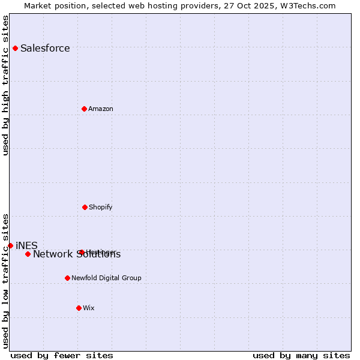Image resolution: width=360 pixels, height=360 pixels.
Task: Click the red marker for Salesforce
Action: [x=15, y=48]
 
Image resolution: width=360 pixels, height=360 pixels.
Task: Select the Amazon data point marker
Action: [x=84, y=109]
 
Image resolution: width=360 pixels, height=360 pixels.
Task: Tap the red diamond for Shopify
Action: [x=85, y=207]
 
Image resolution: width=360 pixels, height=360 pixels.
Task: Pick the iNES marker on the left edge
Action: [x=10, y=245]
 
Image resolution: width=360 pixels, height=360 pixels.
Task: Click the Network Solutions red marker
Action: [x=28, y=254]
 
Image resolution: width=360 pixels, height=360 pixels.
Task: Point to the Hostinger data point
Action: [x=82, y=252]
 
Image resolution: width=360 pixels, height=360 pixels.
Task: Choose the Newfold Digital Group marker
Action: [x=67, y=278]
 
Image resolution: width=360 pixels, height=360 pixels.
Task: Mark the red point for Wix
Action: [x=79, y=308]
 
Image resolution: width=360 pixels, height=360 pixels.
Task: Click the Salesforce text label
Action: [x=45, y=49]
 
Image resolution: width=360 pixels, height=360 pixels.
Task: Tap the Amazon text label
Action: [x=101, y=109]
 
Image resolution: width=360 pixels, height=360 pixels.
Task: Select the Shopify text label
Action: [x=101, y=208]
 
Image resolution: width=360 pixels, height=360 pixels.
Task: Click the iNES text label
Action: [x=26, y=245]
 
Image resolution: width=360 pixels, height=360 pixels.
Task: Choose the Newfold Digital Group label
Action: [x=106, y=278]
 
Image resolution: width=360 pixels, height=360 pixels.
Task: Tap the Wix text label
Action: [x=89, y=308]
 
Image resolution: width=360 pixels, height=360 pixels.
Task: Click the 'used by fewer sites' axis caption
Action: [x=62, y=355]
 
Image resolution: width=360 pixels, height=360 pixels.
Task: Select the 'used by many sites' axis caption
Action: [x=301, y=355]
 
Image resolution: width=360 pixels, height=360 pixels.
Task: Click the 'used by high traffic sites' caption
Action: [x=5, y=85]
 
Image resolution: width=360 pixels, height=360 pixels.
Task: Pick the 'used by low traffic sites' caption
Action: [x=5, y=280]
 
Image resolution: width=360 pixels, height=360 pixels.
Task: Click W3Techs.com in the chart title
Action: [x=307, y=5]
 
